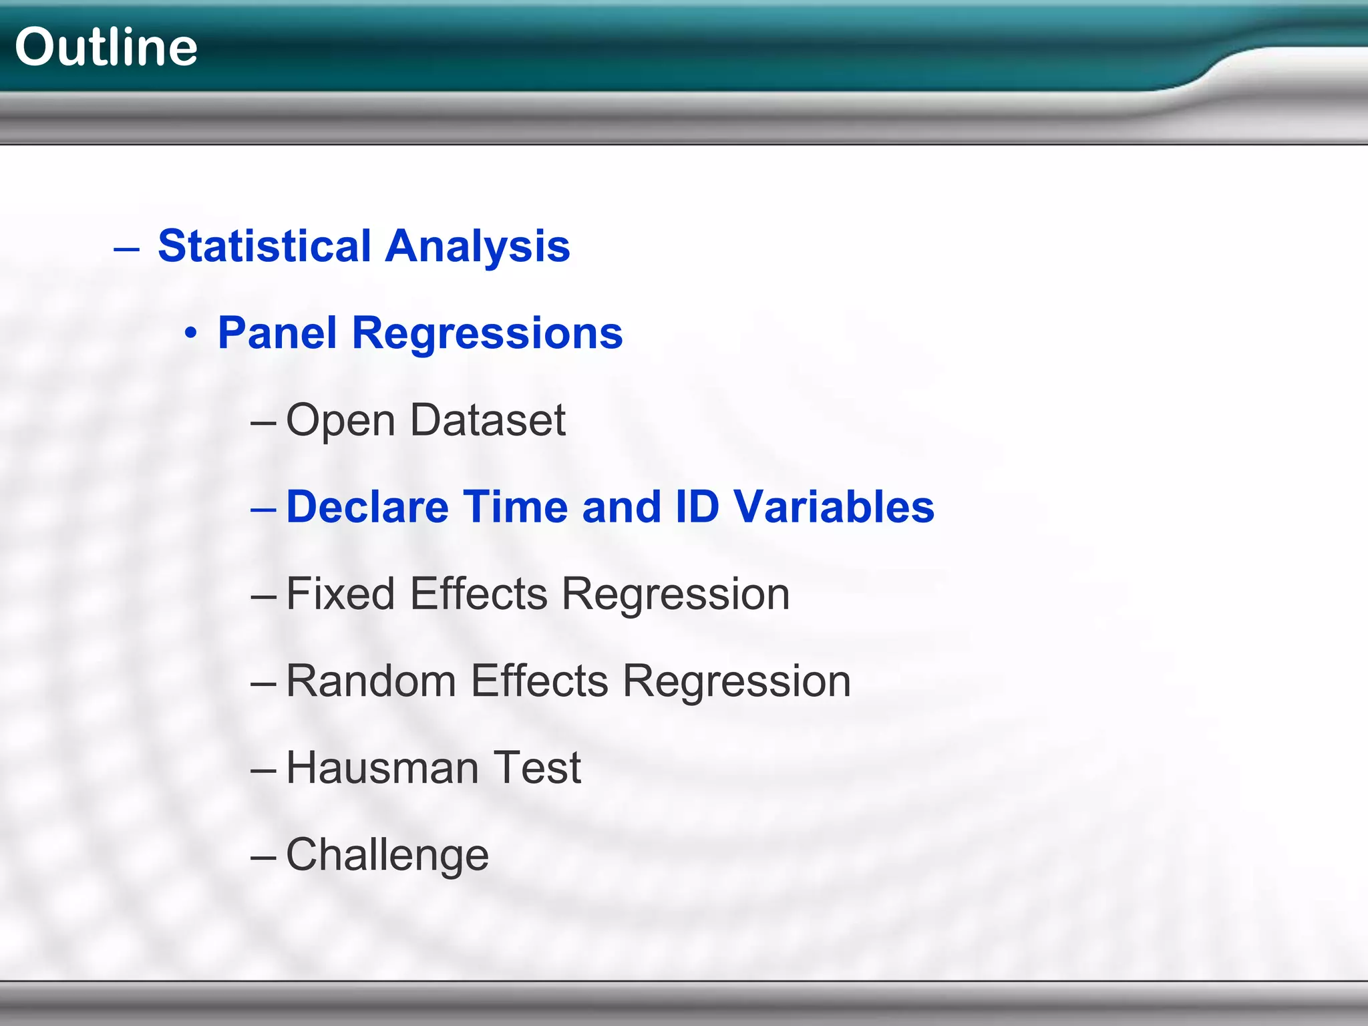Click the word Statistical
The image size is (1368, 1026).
[x=264, y=246]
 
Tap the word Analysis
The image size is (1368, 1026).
[x=478, y=246]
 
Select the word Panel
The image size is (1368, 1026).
[x=277, y=333]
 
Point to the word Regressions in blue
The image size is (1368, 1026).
[x=487, y=333]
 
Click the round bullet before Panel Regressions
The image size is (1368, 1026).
[x=192, y=333]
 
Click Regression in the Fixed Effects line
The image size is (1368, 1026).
[x=675, y=594]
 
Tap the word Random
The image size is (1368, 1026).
[x=371, y=681]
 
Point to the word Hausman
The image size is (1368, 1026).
[x=382, y=767]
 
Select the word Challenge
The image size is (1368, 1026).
[x=387, y=855]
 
